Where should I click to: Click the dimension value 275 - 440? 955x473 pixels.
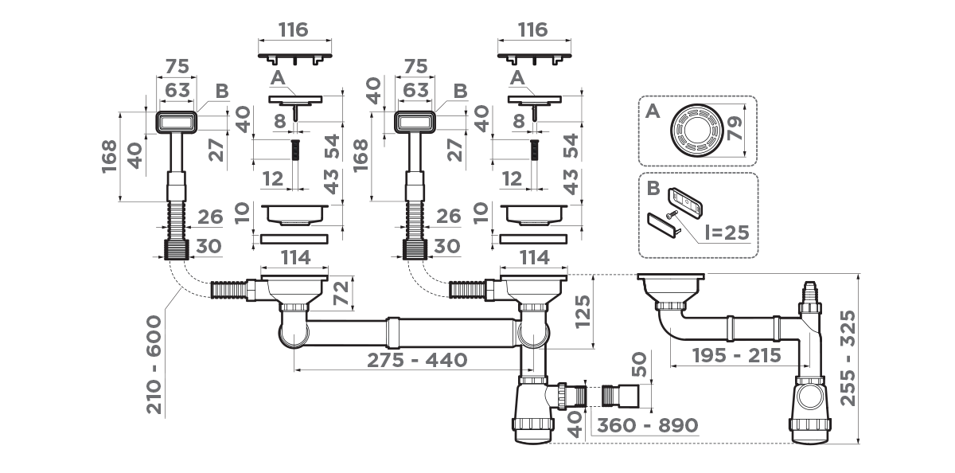[416, 360]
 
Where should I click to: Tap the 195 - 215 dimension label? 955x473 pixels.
[735, 355]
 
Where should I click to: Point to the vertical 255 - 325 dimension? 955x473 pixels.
[851, 358]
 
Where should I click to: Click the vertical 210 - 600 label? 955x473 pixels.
[154, 364]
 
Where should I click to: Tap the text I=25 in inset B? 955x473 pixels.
[723, 233]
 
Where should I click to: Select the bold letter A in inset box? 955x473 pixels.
[653, 112]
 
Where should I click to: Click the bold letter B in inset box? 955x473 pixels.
[653, 190]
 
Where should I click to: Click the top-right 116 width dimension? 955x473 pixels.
[532, 29]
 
